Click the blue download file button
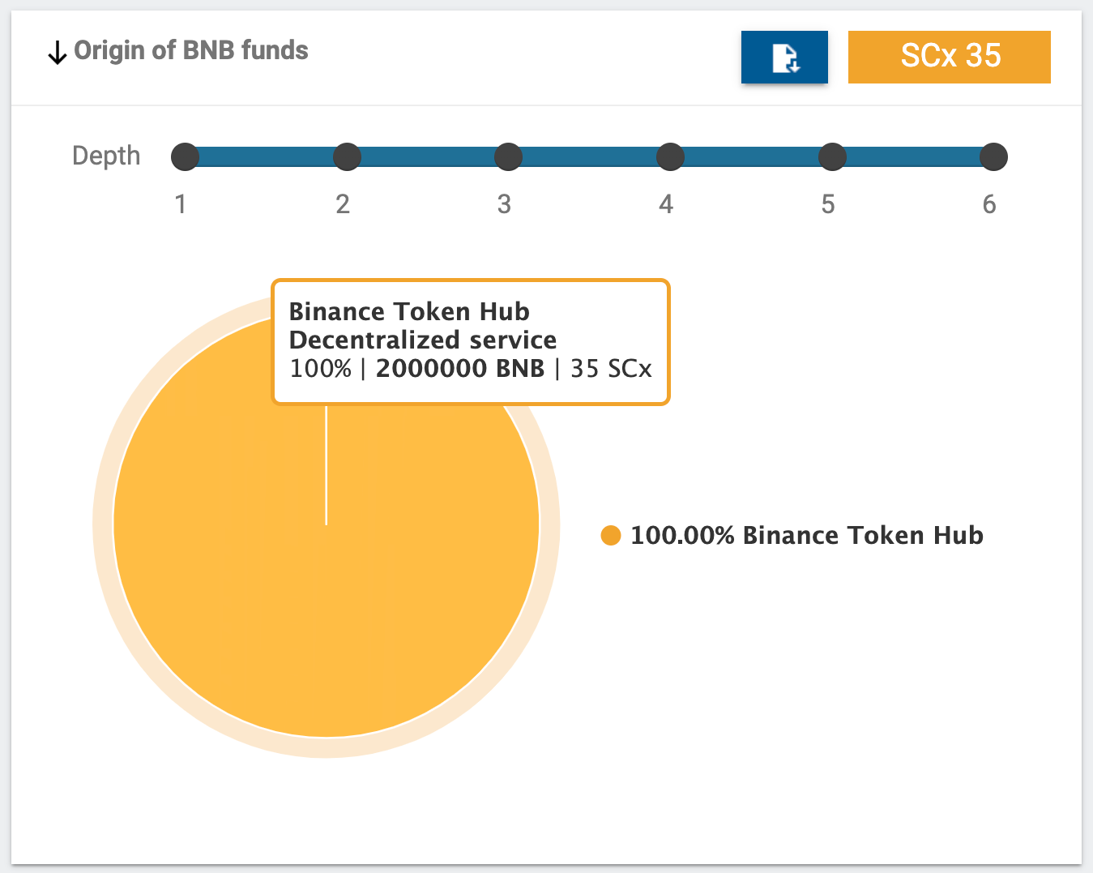point(784,58)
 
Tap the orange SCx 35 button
point(949,57)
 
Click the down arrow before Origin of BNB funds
point(57,53)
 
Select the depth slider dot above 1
point(185,156)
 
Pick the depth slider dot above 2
point(347,156)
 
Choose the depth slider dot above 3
point(508,156)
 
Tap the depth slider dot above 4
point(670,156)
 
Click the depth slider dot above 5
point(832,156)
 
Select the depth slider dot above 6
point(993,156)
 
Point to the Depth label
point(106,156)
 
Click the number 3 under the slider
point(504,204)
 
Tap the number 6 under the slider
point(989,204)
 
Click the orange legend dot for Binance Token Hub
point(610,535)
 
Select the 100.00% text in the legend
point(682,536)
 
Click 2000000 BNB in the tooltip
point(459,369)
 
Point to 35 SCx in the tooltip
point(611,369)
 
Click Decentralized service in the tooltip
point(422,340)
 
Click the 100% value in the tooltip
point(320,369)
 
